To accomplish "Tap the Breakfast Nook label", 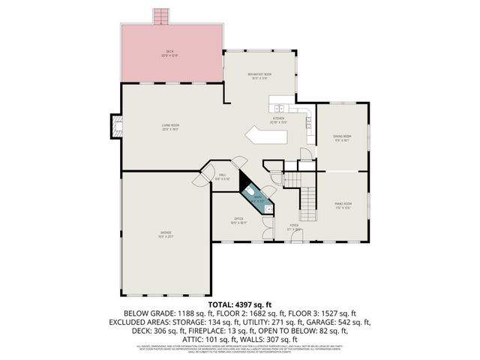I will (260, 75).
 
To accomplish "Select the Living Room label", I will (170, 126).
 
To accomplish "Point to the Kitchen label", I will (279, 119).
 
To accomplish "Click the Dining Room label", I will (342, 137).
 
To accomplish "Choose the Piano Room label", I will (343, 205).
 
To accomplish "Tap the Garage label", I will (166, 233).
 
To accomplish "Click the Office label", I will (238, 220).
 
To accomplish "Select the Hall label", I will (223, 177).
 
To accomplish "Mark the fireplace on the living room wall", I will (115, 127).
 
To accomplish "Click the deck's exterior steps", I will (158, 16).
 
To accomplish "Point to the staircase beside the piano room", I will (308, 198).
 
